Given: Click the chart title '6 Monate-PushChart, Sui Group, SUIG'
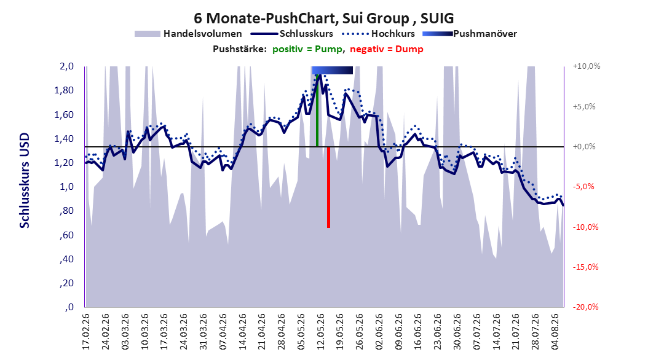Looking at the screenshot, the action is (324, 18).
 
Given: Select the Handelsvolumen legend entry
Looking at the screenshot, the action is (188, 34).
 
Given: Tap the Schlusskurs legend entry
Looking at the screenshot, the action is (292, 34).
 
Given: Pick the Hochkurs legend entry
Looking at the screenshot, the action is (379, 34).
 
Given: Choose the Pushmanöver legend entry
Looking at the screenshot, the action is (470, 34).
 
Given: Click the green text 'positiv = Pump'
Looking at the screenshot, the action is (307, 49).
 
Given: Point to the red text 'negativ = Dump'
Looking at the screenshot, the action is (387, 49).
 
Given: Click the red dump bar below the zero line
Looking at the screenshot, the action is (328, 187).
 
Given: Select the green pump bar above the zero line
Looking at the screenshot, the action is (317, 110).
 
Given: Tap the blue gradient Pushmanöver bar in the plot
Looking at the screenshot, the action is (332, 70).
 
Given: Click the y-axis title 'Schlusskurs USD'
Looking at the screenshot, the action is (25, 181).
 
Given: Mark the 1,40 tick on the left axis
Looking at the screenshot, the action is (64, 138).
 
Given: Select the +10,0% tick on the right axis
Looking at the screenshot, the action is (587, 66).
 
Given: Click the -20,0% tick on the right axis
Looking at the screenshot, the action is (585, 307).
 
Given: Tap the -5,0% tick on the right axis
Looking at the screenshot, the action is (583, 186).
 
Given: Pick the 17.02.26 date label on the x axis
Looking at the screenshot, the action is (86, 332).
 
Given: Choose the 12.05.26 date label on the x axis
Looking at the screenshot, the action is (320, 332).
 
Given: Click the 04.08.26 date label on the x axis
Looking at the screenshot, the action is (555, 332).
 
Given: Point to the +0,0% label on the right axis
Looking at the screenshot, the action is (584, 147).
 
